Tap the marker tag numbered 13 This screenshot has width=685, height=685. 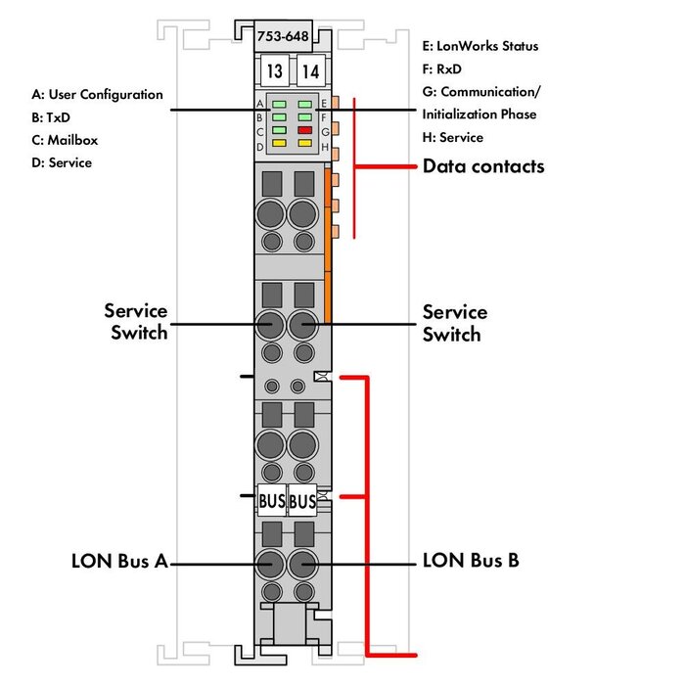(x=274, y=71)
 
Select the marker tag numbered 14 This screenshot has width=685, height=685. (x=310, y=71)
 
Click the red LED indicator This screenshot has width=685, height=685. (x=305, y=129)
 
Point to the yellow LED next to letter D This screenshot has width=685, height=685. (x=279, y=144)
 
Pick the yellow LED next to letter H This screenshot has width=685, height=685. (x=305, y=144)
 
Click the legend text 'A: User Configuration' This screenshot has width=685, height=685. (x=97, y=95)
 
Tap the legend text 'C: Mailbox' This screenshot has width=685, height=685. (x=65, y=140)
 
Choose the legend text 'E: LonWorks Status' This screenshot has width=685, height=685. (x=479, y=46)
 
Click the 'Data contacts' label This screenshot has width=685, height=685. (x=482, y=166)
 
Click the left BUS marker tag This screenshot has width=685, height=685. (x=272, y=501)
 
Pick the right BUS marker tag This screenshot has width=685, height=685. (x=302, y=501)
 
